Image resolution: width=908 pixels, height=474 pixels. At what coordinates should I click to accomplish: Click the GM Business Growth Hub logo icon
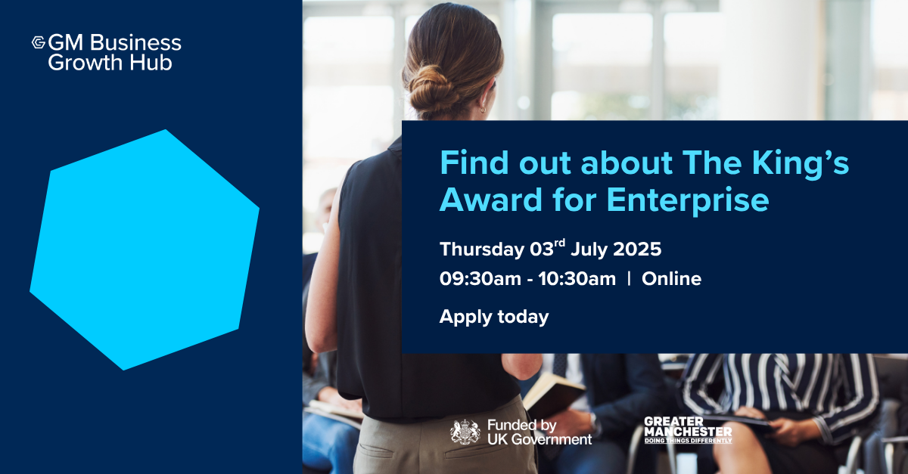[39, 42]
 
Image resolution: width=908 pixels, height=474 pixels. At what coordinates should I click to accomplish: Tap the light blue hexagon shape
[145, 250]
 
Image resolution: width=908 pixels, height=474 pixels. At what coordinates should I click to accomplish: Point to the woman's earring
[483, 110]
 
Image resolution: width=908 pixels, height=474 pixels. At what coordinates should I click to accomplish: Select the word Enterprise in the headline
[688, 201]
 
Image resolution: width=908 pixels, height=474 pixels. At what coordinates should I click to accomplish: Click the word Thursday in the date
[482, 249]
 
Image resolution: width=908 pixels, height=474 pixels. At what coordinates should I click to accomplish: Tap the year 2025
[637, 249]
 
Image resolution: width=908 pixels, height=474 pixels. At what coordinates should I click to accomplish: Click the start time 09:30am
[480, 279]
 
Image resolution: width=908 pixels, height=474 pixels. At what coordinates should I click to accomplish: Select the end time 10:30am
[577, 279]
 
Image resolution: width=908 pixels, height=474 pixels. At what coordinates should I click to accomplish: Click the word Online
[671, 279]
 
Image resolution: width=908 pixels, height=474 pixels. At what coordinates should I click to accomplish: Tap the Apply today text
[494, 318]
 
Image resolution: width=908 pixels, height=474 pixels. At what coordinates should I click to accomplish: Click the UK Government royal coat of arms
[465, 432]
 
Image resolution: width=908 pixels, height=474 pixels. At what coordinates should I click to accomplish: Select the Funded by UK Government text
[540, 432]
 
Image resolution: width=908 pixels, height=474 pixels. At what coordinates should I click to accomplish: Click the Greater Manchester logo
[688, 430]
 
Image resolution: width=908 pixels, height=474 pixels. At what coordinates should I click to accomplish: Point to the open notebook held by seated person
[553, 394]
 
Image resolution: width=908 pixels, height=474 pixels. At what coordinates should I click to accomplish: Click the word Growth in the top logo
[85, 63]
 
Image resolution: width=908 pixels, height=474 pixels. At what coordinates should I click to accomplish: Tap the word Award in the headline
[491, 200]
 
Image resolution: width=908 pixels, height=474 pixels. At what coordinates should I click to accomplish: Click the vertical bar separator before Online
[629, 278]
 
